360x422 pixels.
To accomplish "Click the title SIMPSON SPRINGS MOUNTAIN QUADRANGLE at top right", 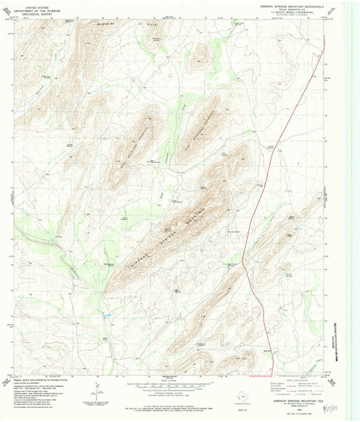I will pyautogui.click(x=287, y=5).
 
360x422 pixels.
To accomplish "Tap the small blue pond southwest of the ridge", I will pyautogui.click(x=106, y=315).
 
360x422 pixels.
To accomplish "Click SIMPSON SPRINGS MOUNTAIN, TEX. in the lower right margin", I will pyautogui.click(x=289, y=400).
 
